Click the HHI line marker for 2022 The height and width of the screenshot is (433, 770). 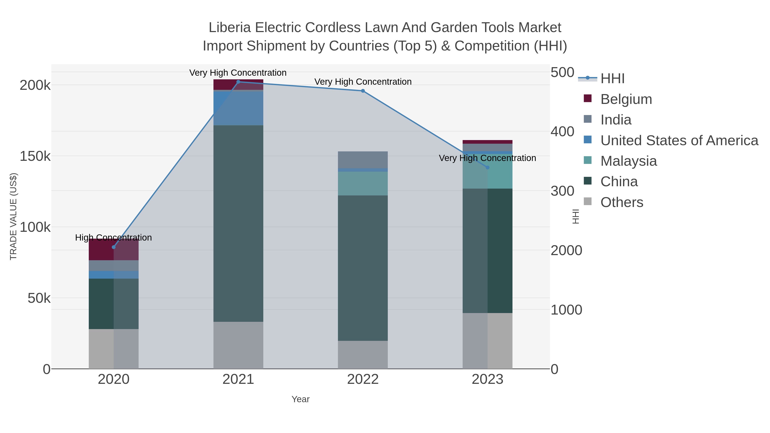[x=363, y=91]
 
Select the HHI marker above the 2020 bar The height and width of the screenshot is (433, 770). [x=114, y=247]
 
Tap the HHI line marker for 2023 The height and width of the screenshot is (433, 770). [x=487, y=167]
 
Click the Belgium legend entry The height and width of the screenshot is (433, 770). [x=626, y=99]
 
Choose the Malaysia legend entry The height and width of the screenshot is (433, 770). [x=628, y=161]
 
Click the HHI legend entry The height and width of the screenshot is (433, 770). [x=612, y=79]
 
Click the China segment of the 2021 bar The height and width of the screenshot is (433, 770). [x=238, y=223]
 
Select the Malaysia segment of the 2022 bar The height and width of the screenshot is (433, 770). [x=363, y=183]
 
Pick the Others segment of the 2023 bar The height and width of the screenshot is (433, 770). [x=487, y=341]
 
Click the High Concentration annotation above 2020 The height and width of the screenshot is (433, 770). [x=114, y=238]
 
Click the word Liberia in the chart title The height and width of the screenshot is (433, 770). [x=230, y=28]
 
